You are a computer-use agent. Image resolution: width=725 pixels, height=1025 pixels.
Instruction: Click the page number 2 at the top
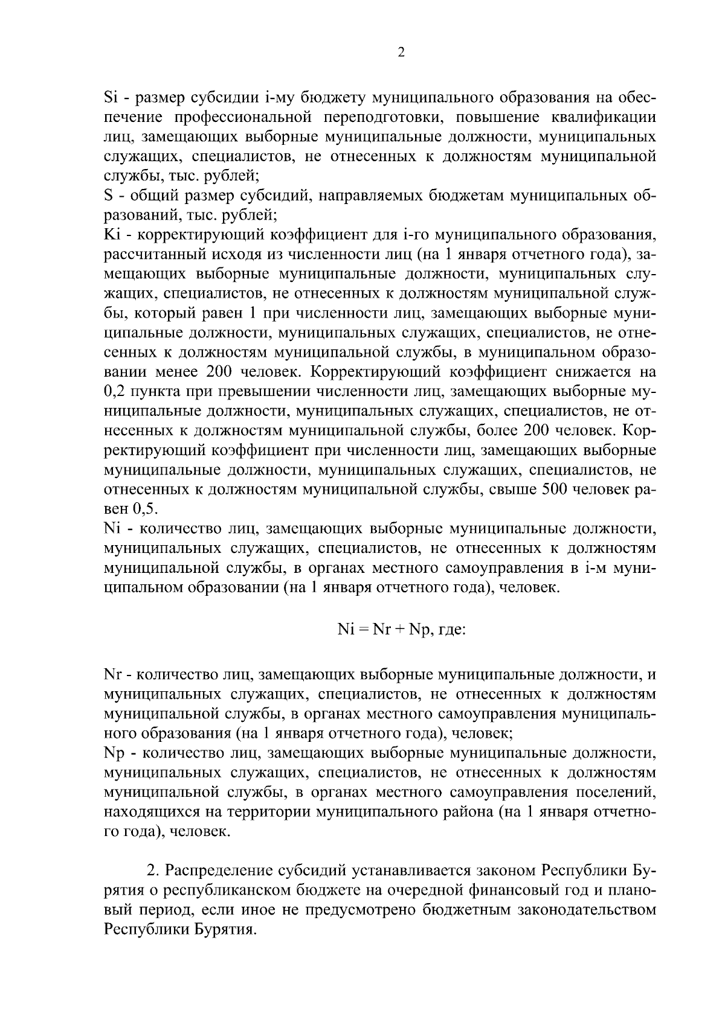point(401,53)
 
